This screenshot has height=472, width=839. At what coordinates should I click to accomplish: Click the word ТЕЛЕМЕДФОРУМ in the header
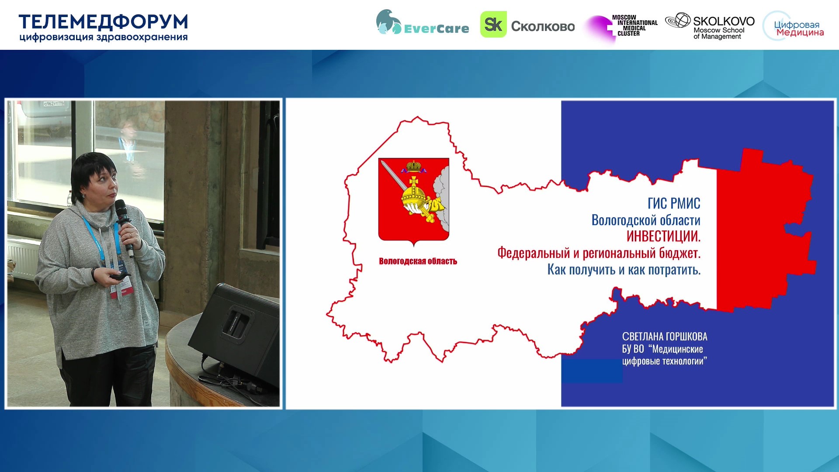point(104,22)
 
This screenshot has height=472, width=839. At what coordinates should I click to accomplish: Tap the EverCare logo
point(423,23)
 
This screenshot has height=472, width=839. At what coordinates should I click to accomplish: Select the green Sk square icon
point(493,24)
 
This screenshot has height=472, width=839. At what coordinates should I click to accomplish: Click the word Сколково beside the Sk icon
point(543,26)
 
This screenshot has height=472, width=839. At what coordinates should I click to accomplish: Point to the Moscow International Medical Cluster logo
point(621,27)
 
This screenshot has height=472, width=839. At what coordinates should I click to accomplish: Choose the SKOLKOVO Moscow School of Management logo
point(710,26)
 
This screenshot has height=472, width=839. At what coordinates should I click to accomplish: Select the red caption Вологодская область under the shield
point(418,261)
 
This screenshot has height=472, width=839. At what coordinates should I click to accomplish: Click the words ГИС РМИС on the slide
point(674,203)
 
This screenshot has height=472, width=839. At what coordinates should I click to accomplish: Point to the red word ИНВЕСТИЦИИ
point(663,236)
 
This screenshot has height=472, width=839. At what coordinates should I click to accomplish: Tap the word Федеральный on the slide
point(534,253)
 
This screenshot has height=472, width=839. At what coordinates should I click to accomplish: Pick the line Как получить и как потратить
point(624,270)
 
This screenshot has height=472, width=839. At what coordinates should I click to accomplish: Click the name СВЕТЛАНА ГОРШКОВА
point(665,337)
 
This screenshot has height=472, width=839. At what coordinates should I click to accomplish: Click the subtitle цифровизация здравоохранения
point(104,38)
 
